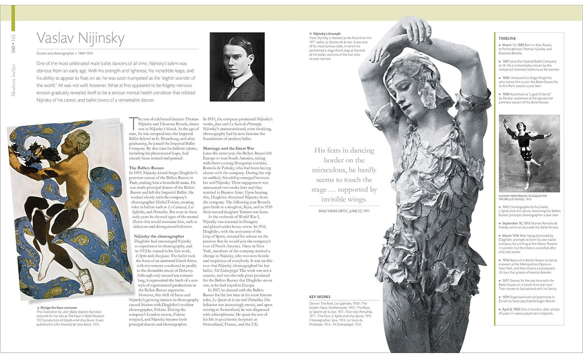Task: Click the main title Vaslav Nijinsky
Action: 80,39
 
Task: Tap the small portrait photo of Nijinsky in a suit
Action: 237,66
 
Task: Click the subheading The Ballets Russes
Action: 147,168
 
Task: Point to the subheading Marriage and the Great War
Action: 228,148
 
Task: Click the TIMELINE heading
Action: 507,38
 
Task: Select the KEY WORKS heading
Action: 319,297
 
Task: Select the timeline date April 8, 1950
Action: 512,309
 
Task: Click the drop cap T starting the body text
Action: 132,120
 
